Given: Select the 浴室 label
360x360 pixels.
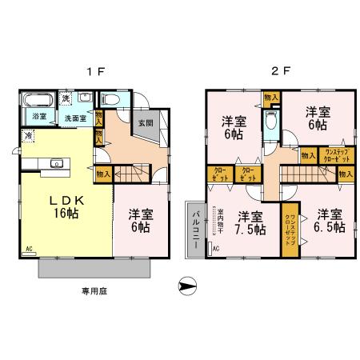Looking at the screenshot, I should [38, 118].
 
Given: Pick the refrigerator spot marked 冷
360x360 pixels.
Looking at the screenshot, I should [29, 136].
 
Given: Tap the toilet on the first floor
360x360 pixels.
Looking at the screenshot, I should [110, 100].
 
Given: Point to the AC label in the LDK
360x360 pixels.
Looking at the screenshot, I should [30, 249].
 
